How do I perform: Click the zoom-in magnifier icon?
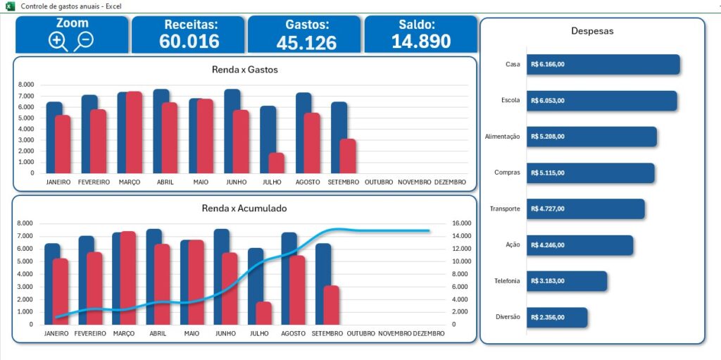(58, 41)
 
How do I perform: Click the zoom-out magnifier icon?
(84, 40)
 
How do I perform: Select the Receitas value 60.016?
(189, 41)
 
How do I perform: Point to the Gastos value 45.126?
(306, 42)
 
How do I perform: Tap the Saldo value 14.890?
(421, 41)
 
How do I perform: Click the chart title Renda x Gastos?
(244, 70)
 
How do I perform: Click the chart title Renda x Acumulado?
(244, 209)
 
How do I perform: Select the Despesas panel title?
(592, 31)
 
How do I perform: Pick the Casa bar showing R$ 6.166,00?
(603, 64)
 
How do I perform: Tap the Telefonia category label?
(507, 281)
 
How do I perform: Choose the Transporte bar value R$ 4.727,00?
(548, 209)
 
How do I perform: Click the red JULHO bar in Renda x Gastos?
(276, 163)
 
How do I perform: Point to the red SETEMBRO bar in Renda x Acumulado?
(331, 304)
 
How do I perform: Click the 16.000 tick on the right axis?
(461, 223)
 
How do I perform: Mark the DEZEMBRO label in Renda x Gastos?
(450, 182)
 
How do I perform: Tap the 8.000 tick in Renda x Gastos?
(25, 85)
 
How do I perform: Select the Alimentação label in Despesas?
(503, 137)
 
